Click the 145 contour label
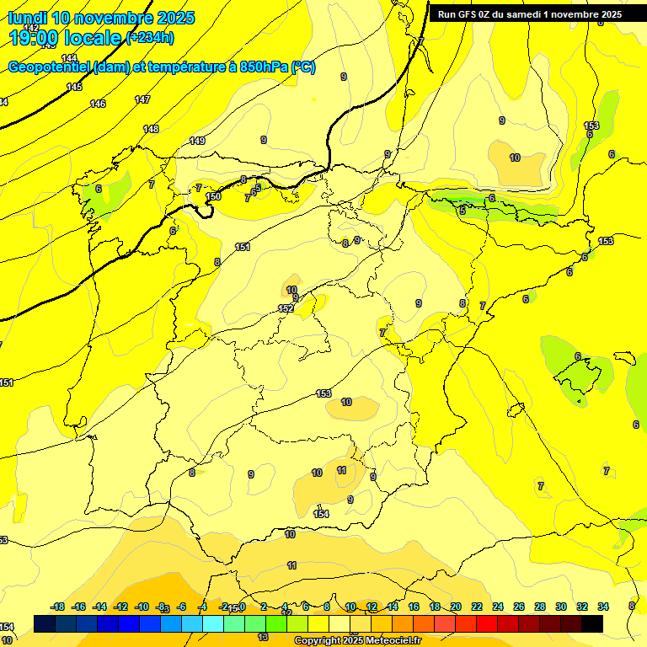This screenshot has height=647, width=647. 74,88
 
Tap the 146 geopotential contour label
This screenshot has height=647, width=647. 98,104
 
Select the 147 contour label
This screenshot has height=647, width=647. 142,99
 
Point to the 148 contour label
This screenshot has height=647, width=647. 151,129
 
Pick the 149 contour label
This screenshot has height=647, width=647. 197,141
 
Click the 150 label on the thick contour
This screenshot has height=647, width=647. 214,196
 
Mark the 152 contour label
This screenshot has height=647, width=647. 286,309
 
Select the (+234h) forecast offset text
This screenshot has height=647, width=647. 150,37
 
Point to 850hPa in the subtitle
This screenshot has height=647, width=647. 264,67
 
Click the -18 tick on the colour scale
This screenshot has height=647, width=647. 58,607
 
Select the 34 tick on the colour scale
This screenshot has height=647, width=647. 603,607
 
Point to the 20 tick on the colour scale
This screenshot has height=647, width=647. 456,607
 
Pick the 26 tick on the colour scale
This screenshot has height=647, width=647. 519,607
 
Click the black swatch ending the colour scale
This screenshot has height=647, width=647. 592,623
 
